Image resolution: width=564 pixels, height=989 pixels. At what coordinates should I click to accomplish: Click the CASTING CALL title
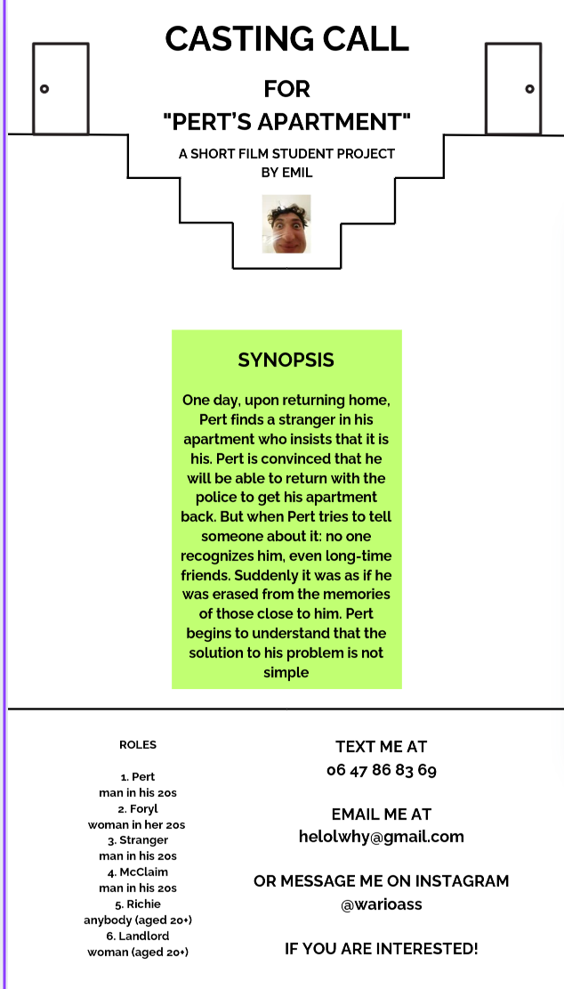[286, 40]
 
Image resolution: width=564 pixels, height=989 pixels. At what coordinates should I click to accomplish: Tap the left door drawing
[60, 88]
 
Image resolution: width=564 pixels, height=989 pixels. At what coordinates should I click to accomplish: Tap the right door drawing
[513, 88]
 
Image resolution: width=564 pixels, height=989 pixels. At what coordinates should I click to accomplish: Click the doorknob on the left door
[44, 89]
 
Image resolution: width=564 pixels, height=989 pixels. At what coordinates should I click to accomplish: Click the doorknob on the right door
[529, 89]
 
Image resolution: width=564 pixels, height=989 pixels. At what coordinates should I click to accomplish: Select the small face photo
[286, 224]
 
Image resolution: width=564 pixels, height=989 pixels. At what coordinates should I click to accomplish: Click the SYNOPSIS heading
[286, 361]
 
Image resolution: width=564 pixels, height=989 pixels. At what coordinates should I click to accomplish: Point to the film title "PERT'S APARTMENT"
[286, 120]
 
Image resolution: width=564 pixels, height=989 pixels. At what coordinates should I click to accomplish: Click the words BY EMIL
[286, 172]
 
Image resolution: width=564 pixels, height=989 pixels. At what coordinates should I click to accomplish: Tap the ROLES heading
[138, 745]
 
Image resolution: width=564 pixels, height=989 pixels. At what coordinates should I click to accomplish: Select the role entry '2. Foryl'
[138, 808]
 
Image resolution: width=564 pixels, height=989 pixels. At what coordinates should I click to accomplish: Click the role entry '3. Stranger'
[138, 840]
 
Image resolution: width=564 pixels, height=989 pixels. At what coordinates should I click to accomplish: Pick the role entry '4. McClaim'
[138, 872]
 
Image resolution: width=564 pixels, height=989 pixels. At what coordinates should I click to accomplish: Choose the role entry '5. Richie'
[138, 904]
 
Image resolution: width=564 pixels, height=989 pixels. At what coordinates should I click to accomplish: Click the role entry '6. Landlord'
[138, 936]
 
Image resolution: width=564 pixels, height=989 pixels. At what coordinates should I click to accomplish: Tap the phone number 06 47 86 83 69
[381, 770]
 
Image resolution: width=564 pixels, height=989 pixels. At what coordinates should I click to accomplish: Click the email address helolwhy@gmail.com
[381, 837]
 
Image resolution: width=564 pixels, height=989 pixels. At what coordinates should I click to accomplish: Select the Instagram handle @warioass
[381, 904]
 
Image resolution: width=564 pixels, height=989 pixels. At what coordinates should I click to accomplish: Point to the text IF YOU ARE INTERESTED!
[381, 949]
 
